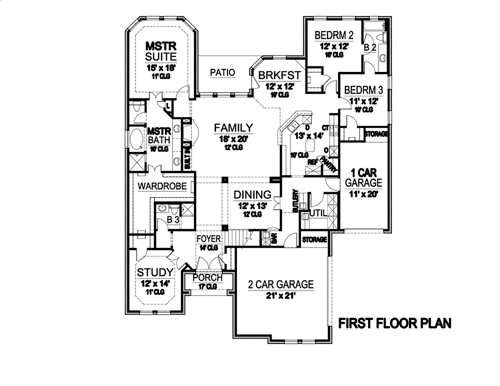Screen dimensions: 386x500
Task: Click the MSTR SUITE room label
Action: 158,50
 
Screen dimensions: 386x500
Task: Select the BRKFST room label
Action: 279,75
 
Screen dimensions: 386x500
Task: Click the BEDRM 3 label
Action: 363,90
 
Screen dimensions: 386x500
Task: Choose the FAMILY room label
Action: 233,128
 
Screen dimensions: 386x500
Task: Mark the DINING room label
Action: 252,195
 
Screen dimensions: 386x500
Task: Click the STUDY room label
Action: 155,273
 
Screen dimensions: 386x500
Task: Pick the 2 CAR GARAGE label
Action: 281,285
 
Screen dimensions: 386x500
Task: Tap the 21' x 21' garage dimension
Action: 281,296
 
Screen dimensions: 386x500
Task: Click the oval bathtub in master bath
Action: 136,140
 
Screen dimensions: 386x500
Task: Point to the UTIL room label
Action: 318,213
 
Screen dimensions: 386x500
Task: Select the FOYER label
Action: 207,239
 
